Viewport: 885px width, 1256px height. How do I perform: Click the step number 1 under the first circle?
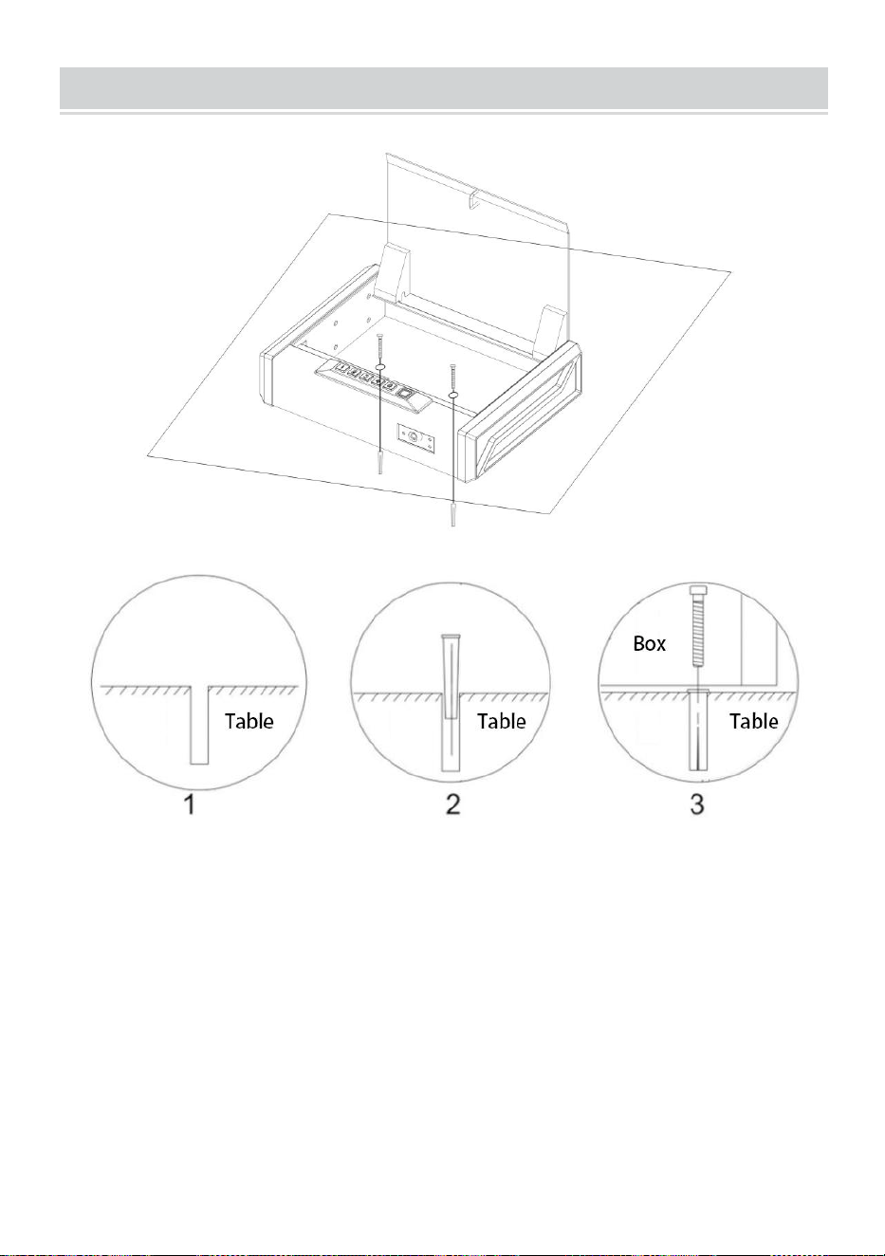pyautogui.click(x=191, y=803)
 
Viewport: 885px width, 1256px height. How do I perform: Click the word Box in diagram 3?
pyautogui.click(x=649, y=643)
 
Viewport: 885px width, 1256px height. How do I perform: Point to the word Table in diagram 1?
pyautogui.click(x=249, y=721)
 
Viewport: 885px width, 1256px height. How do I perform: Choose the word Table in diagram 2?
pyautogui.click(x=502, y=721)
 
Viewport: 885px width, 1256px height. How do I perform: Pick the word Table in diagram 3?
pyautogui.click(x=754, y=721)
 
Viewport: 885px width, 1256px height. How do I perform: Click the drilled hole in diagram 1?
pyautogui.click(x=199, y=725)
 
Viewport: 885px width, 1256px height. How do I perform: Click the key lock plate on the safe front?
pyautogui.click(x=415, y=437)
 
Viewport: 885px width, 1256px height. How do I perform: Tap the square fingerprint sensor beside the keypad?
pyautogui.click(x=405, y=393)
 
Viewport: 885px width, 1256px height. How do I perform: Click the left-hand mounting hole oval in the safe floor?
pyautogui.click(x=380, y=367)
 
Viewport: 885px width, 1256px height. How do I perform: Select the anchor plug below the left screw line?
pyautogui.click(x=380, y=464)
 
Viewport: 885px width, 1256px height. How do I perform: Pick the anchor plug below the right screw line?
pyautogui.click(x=452, y=515)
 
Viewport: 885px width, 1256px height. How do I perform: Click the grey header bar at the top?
pyautogui.click(x=444, y=88)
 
